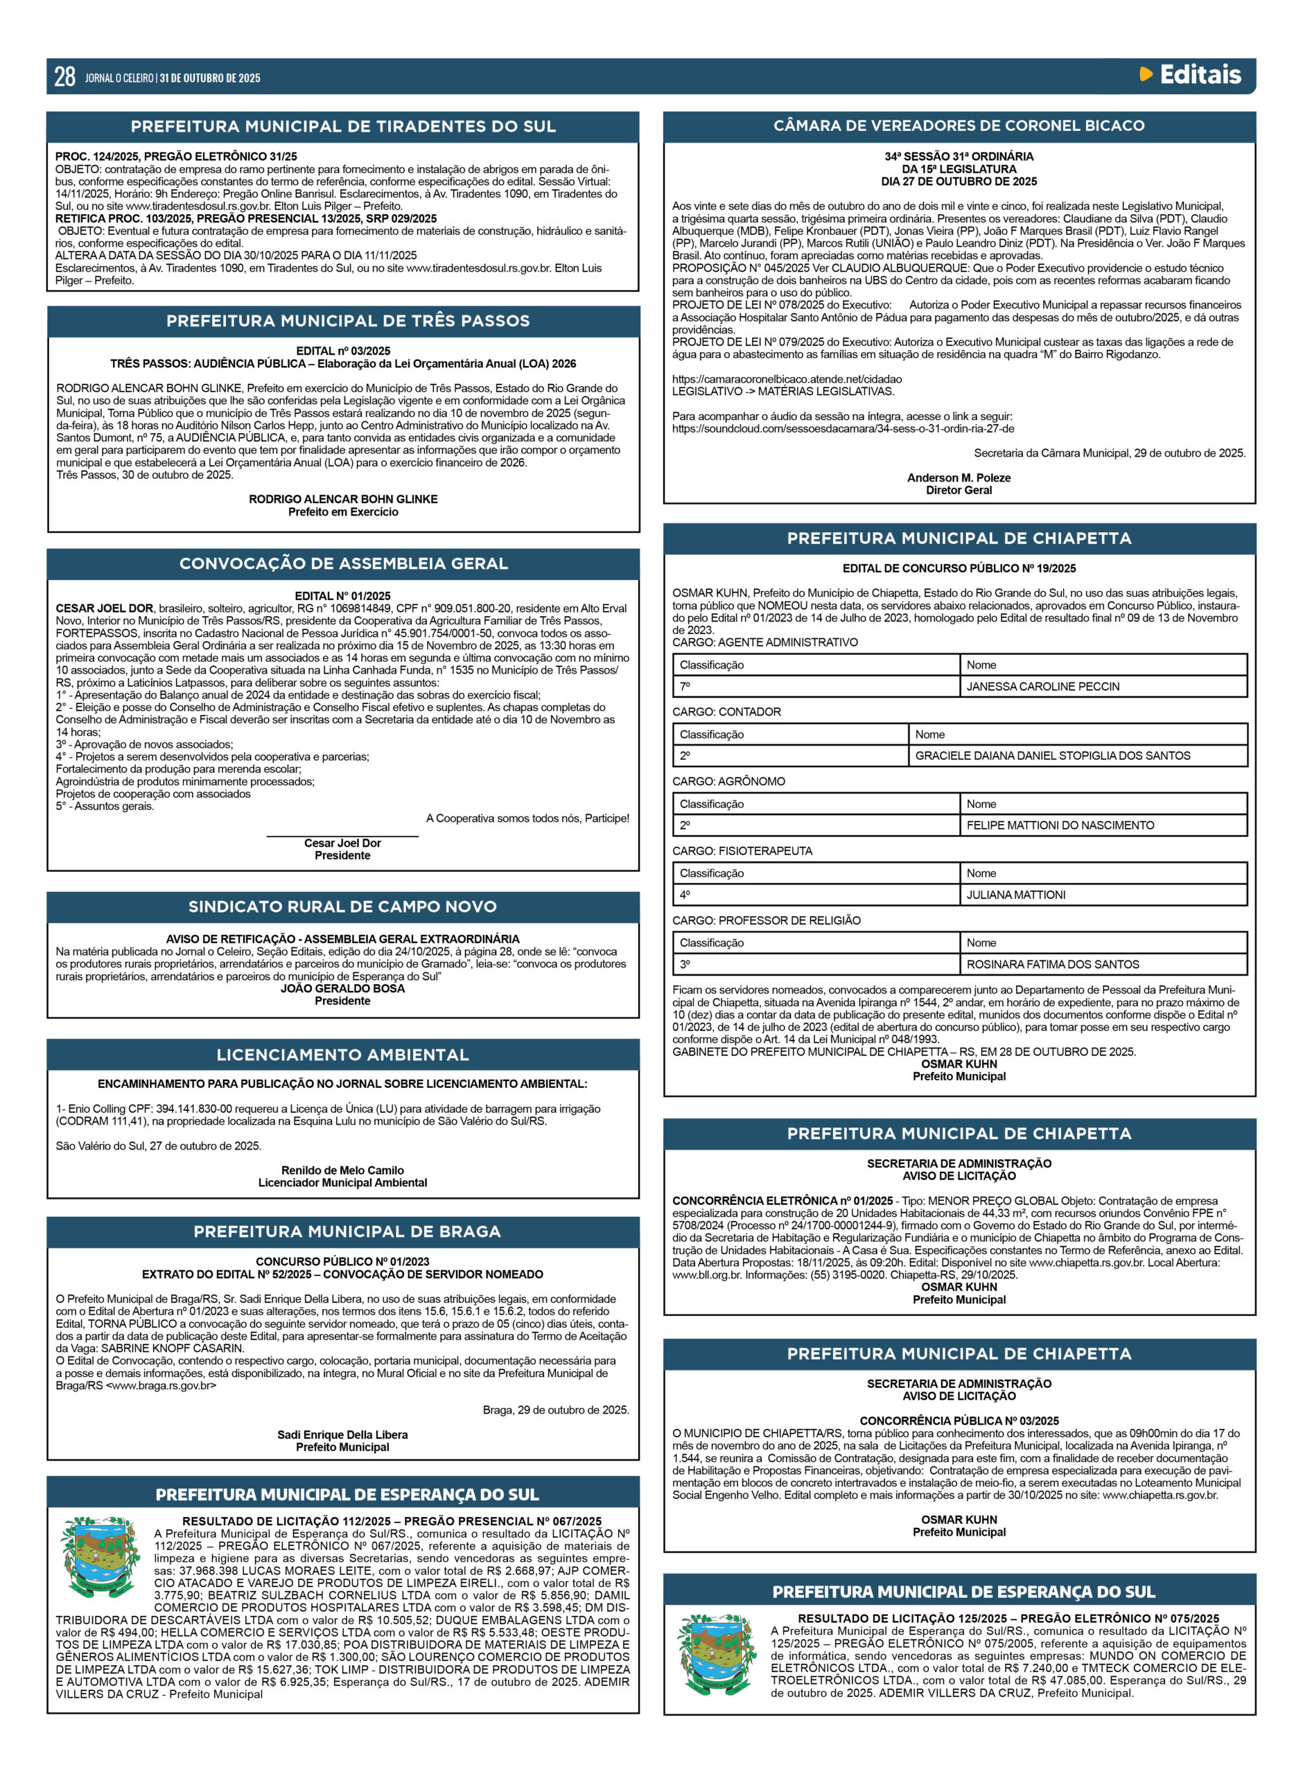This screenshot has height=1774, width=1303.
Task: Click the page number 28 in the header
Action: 64,76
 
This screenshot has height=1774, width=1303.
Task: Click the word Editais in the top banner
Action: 1200,75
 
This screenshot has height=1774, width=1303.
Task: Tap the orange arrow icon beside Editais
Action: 1146,75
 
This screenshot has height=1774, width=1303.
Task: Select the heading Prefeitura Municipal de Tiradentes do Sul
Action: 343,126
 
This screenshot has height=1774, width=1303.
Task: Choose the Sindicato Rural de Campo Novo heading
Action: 342,906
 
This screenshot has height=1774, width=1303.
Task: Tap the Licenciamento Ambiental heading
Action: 342,1055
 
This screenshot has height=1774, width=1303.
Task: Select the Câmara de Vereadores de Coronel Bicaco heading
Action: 959,125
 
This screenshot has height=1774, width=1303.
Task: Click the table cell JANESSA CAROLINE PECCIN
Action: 1042,687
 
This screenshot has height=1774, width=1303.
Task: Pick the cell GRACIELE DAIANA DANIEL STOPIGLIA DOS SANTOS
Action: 1052,755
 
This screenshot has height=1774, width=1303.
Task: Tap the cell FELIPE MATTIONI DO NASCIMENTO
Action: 1060,825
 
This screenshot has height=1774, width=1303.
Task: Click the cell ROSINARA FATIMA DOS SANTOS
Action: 1052,965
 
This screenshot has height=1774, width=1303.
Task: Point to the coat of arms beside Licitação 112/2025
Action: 100,1556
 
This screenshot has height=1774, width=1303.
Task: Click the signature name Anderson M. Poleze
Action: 959,477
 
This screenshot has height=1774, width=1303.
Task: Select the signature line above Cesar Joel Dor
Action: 342,836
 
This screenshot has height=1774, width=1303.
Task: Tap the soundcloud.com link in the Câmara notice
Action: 842,429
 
